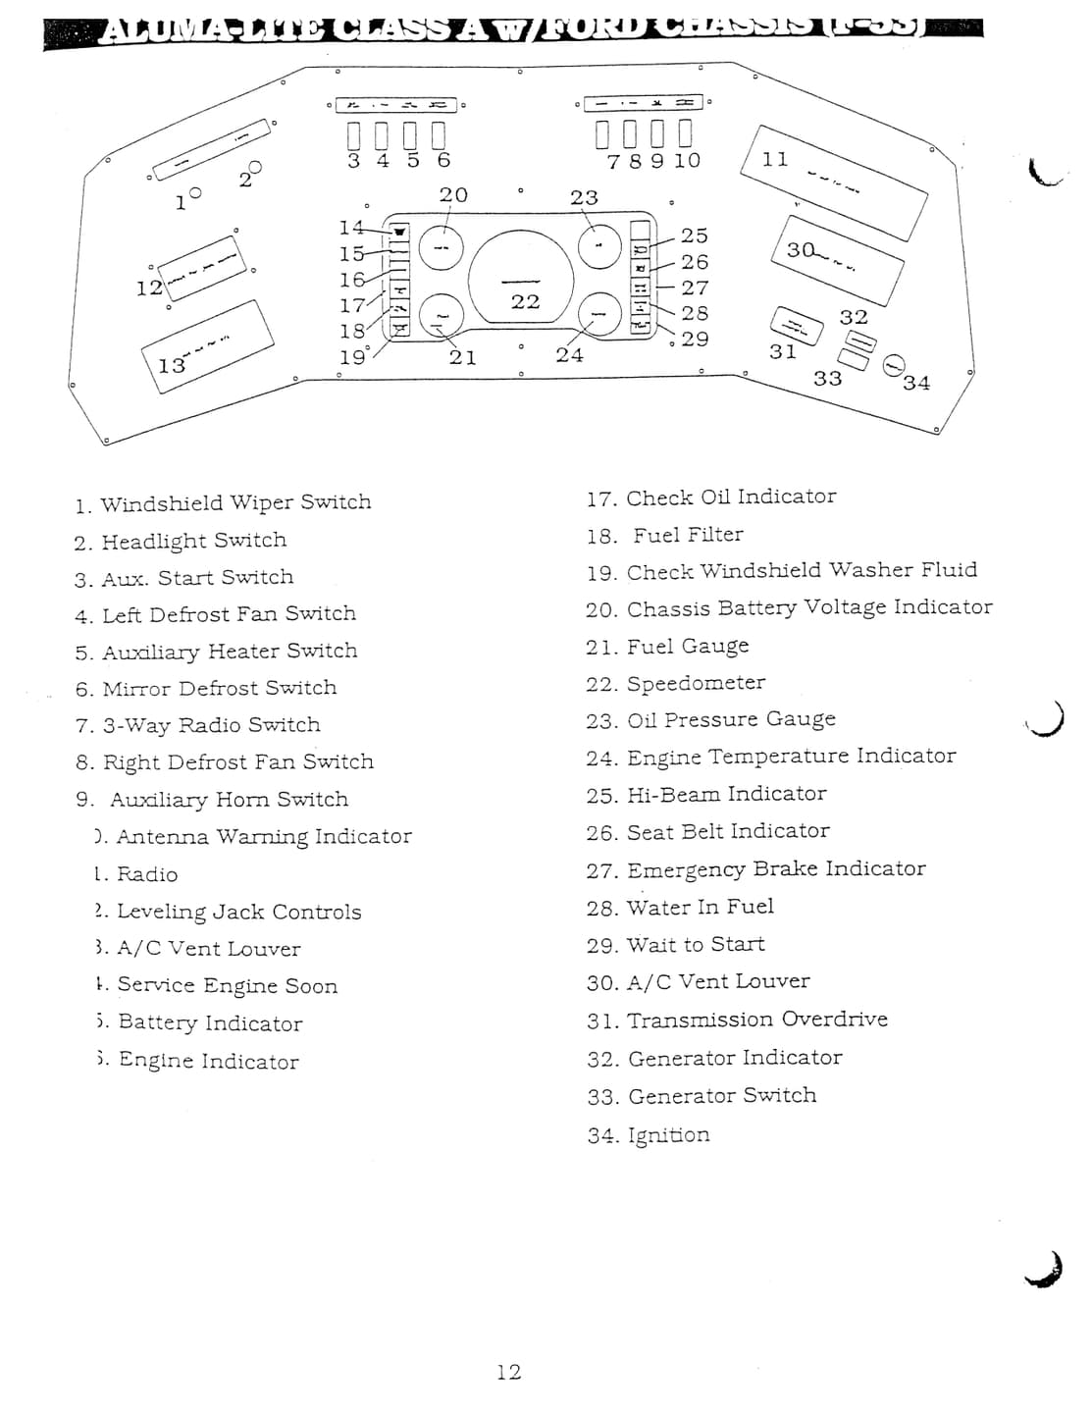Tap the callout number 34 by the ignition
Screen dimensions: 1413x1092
point(915,383)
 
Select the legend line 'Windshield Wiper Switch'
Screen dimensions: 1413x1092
point(223,503)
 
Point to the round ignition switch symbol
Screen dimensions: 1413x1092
point(893,365)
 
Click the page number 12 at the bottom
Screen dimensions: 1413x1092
point(508,1372)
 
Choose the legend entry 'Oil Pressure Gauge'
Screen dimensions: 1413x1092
point(711,720)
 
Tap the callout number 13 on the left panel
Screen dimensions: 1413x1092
point(171,366)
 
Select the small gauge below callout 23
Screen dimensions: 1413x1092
point(599,245)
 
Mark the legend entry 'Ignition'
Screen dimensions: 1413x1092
point(649,1135)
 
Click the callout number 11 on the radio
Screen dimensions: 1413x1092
point(775,159)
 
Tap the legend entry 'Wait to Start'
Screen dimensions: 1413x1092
point(676,945)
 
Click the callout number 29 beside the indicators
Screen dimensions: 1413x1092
point(695,339)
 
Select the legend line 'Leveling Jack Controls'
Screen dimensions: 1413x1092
point(229,913)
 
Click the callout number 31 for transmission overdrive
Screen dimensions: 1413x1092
point(782,351)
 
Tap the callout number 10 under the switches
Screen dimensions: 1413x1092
point(687,161)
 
